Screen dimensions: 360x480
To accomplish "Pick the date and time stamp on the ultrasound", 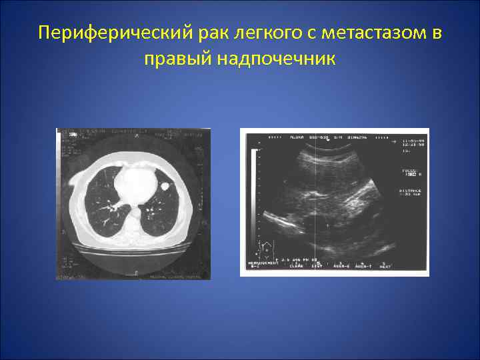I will click(409, 143).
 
